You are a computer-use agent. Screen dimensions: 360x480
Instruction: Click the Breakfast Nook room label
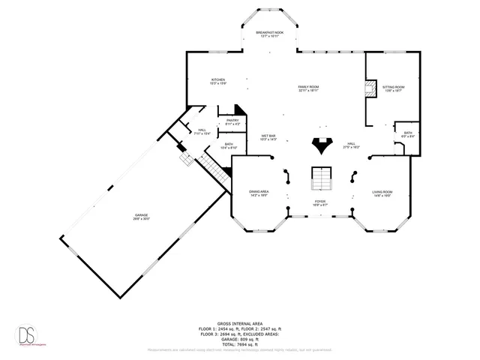pos(269,34)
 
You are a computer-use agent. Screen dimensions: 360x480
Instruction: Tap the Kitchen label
pos(218,81)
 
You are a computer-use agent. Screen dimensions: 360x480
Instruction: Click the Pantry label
pos(232,121)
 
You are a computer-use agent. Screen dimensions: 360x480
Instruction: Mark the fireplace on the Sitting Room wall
pos(369,89)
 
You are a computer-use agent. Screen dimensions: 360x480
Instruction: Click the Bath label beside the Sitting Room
pos(407,134)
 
